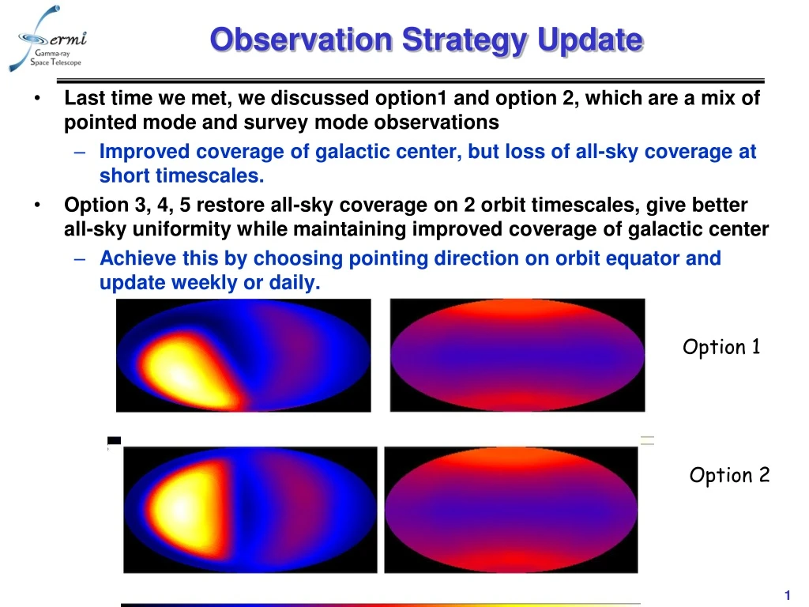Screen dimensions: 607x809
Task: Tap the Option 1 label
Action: pos(721,347)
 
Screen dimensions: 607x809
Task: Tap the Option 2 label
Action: pos(728,475)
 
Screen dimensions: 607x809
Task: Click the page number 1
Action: pos(788,594)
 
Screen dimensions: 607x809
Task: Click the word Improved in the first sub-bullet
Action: pos(139,152)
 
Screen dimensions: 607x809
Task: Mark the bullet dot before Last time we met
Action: pos(37,99)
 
